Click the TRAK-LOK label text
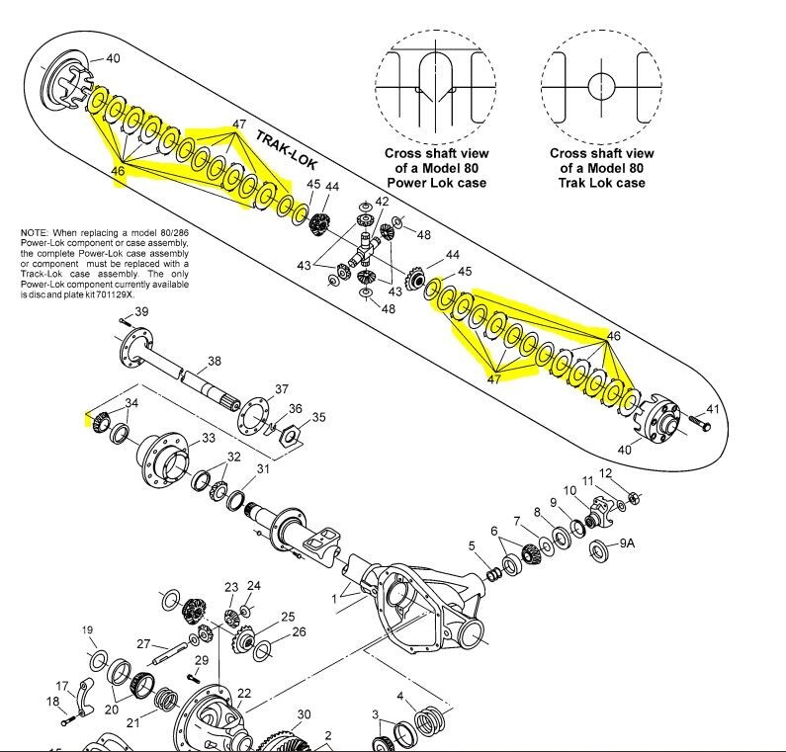(287, 149)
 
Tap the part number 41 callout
(712, 409)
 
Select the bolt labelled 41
(700, 423)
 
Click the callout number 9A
(627, 543)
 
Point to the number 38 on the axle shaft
(214, 361)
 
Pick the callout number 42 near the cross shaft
(382, 202)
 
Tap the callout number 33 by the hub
(209, 438)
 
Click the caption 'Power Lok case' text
(437, 183)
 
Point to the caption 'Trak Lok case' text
(601, 183)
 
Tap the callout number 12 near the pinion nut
(605, 473)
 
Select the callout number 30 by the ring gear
(304, 714)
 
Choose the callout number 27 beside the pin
(143, 643)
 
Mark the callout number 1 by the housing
(334, 598)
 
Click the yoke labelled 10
(599, 512)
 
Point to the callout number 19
(87, 629)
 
